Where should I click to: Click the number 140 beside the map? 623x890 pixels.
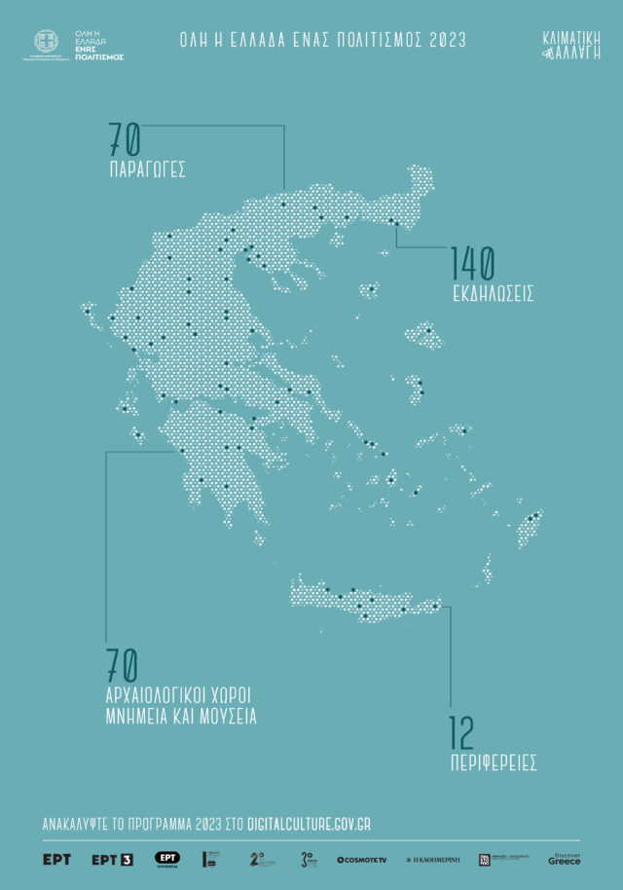pyautogui.click(x=472, y=263)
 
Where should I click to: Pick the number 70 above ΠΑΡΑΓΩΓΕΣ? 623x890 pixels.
pyautogui.click(x=125, y=143)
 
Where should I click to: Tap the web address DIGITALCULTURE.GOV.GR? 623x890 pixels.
pyautogui.click(x=310, y=825)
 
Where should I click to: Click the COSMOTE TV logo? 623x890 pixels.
pyautogui.click(x=361, y=860)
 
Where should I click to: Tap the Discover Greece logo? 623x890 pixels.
pyautogui.click(x=565, y=859)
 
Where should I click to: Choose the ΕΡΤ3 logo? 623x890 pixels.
pyautogui.click(x=111, y=860)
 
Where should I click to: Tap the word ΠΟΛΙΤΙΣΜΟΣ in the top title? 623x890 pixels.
pyautogui.click(x=372, y=41)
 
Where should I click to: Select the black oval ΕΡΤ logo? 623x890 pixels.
pyautogui.click(x=166, y=859)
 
